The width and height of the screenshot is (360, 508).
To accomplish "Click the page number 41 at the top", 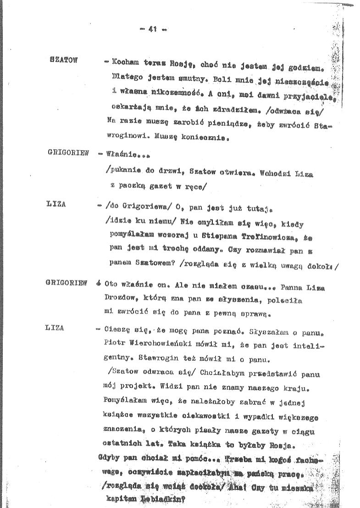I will pos(153,28).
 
